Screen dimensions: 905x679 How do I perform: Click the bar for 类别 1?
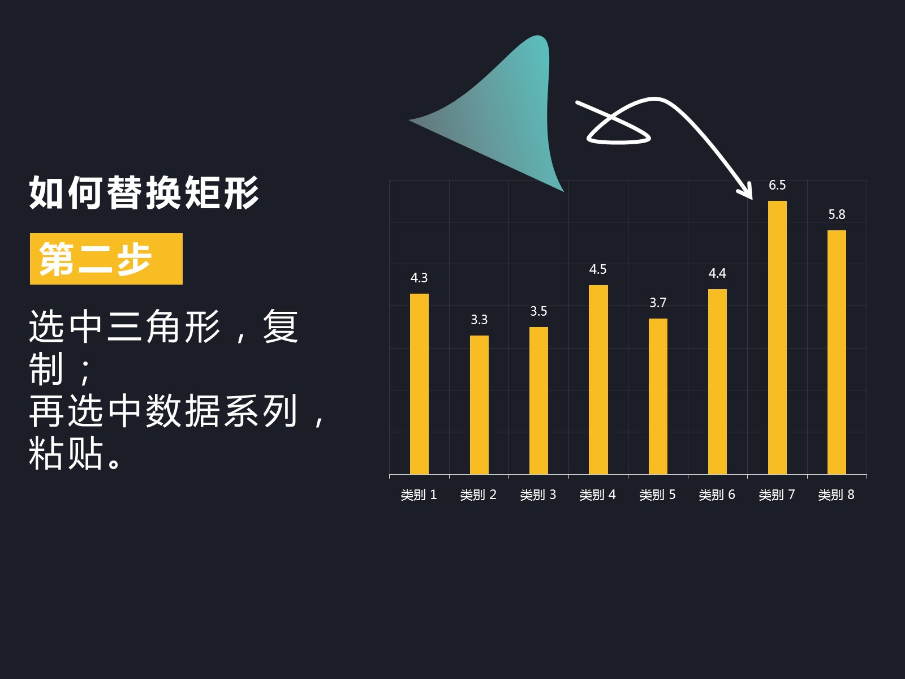(419, 384)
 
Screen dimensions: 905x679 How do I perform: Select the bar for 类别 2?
(479, 405)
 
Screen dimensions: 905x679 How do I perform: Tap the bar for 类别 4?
(598, 380)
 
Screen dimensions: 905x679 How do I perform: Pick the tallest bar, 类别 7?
(777, 338)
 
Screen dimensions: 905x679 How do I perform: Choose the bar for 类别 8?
(837, 352)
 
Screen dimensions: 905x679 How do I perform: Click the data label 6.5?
(777, 185)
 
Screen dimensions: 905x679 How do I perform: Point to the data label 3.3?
(479, 320)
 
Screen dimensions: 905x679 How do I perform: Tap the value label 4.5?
(598, 269)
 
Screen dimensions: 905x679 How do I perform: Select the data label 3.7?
(658, 303)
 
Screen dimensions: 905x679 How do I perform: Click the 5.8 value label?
(837, 214)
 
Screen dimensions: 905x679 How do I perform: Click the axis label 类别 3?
(538, 495)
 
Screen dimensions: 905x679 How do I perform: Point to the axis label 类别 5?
(658, 495)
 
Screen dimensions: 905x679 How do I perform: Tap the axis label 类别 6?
(717, 495)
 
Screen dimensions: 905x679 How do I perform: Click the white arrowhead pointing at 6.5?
(746, 191)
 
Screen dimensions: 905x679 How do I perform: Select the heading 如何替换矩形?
(144, 192)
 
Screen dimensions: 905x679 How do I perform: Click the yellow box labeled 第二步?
(106, 259)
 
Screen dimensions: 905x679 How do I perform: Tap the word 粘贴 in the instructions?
(66, 453)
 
